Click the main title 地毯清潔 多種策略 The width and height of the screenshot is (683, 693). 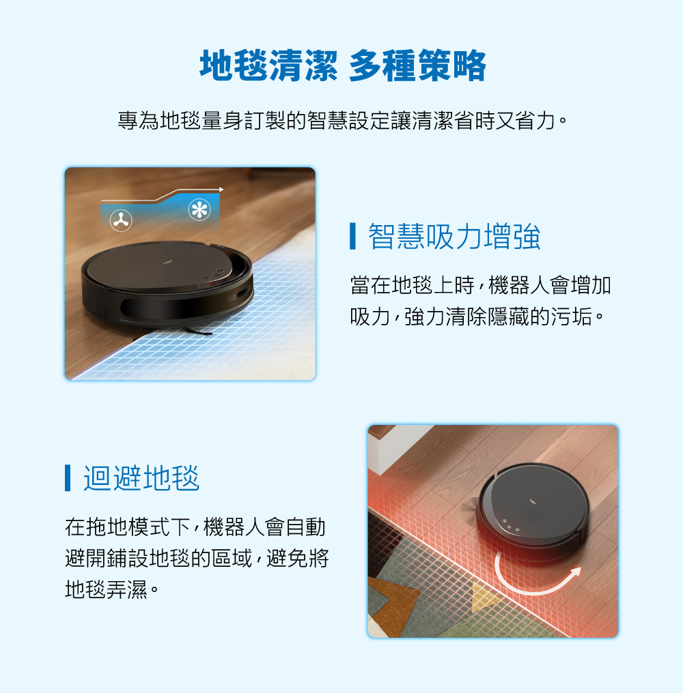tap(343, 67)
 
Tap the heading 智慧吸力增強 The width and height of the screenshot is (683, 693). tap(454, 237)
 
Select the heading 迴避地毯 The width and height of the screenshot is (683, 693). tap(141, 477)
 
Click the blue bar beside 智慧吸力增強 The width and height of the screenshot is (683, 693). tap(352, 237)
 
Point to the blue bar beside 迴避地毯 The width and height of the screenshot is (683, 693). tap(68, 477)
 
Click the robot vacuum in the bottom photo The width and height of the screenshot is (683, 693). tap(533, 508)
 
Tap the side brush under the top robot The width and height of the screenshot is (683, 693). tap(198, 331)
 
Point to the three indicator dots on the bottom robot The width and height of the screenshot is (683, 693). tap(510, 527)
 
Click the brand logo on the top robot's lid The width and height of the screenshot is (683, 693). tap(167, 263)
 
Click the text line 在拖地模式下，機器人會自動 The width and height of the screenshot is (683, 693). tap(195, 527)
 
